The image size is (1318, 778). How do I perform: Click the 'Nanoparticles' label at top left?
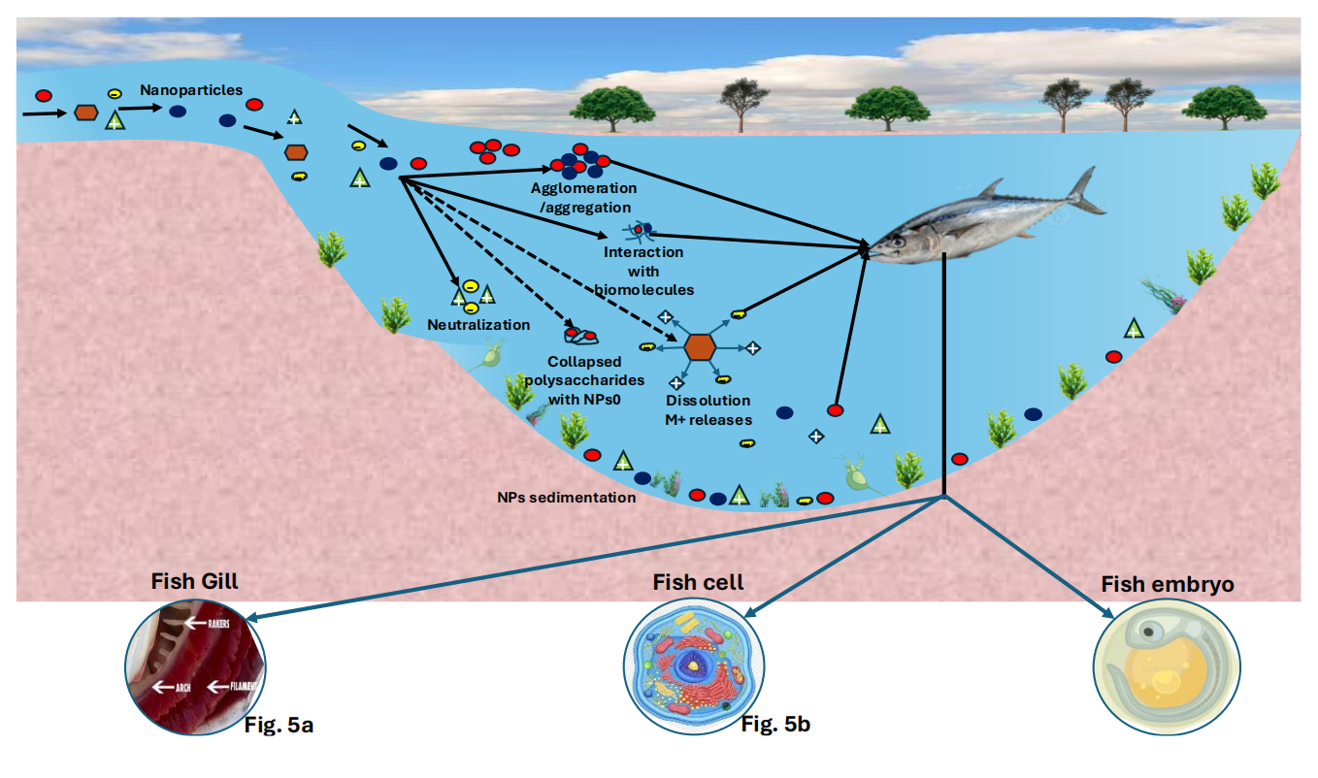pos(191,90)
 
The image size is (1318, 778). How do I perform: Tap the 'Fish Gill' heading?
pos(194,582)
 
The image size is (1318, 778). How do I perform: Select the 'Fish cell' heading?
pos(699,582)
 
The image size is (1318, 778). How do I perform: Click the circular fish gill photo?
pos(195,664)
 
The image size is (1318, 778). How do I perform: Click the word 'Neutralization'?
pos(478,325)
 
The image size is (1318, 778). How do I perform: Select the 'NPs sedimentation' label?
pos(565,498)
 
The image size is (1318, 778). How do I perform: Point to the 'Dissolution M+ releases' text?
pos(708,409)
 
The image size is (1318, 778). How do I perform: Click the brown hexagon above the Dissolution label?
pos(700,346)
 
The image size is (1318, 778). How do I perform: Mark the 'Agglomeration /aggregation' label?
pos(583,197)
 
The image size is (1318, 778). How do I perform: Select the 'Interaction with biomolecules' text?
pos(643,271)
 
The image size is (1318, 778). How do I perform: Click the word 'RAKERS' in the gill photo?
pos(218,624)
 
